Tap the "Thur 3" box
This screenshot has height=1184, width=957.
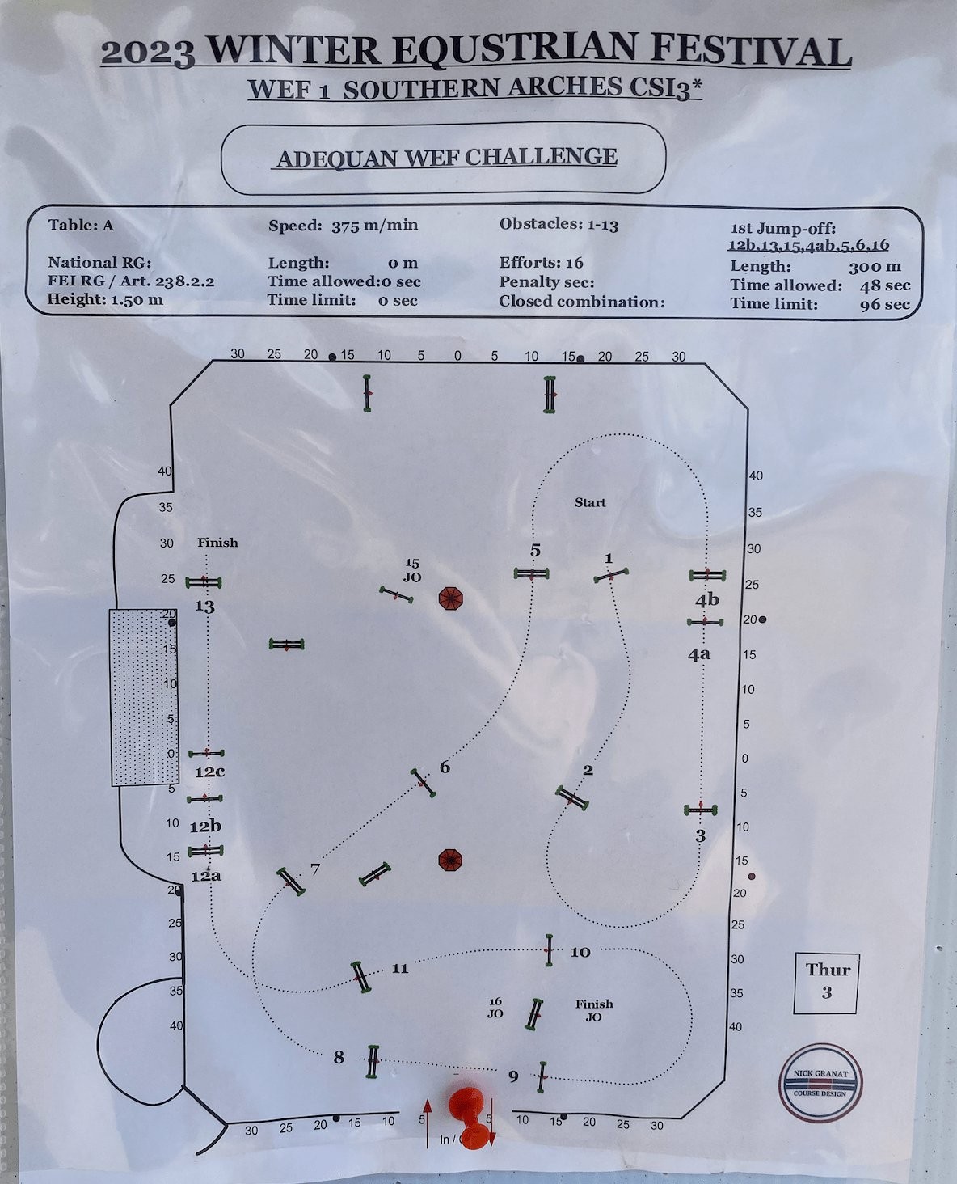[x=827, y=984]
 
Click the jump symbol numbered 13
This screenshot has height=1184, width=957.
[x=204, y=582]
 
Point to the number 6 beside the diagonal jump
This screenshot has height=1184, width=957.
[x=445, y=767]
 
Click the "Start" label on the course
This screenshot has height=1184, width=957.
[x=590, y=502]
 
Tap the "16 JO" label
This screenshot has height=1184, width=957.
[x=495, y=1008]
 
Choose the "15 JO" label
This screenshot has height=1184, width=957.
[x=412, y=570]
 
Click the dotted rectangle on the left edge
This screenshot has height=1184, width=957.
[x=145, y=698]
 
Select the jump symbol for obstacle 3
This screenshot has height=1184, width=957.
[x=701, y=810]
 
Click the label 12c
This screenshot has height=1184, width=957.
[x=209, y=772]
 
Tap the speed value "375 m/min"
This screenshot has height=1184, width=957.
[x=375, y=226]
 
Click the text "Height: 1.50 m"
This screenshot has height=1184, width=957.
[x=105, y=300]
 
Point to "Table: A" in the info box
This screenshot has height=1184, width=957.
[x=81, y=225]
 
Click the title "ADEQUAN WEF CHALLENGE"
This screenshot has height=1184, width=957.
[x=446, y=158]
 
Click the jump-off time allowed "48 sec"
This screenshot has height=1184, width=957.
[x=885, y=285]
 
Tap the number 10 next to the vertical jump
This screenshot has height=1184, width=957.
[x=580, y=952]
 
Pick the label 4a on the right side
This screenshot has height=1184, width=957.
[x=699, y=655]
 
